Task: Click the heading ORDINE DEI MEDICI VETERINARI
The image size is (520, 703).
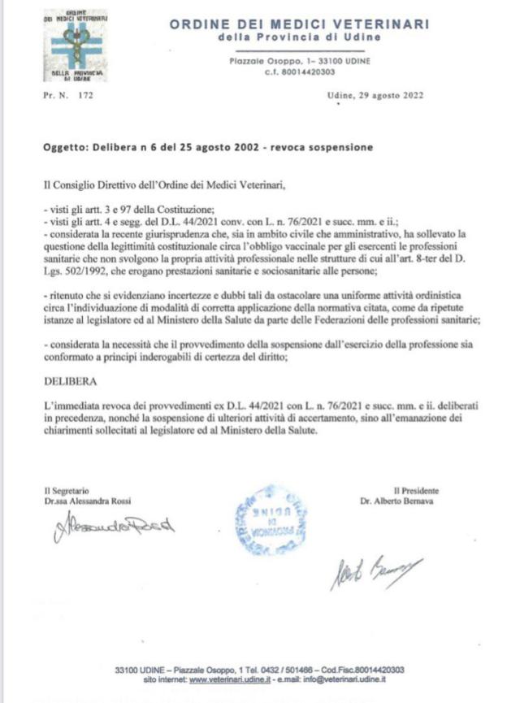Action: pyautogui.click(x=299, y=25)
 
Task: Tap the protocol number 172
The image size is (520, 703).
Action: pyautogui.click(x=85, y=95)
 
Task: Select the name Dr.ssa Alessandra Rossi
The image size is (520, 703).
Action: pyautogui.click(x=87, y=501)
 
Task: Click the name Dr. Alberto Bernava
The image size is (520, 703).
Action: pyautogui.click(x=398, y=501)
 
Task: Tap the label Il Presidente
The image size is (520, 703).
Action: pyautogui.click(x=416, y=490)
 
